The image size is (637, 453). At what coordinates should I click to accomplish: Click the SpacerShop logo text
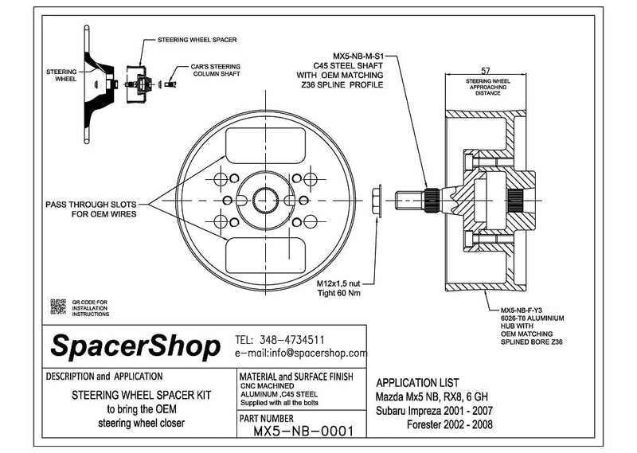click(135, 346)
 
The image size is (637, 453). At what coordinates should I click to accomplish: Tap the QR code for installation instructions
click(57, 307)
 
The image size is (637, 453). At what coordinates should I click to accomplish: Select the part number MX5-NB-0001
click(303, 431)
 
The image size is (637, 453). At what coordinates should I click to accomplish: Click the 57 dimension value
click(486, 71)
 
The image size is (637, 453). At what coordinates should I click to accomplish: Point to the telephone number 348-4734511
click(291, 340)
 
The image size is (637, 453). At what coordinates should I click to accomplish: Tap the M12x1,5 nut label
click(338, 283)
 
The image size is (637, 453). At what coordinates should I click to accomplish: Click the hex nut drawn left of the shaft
click(377, 201)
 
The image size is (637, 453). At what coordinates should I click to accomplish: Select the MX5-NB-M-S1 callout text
click(358, 56)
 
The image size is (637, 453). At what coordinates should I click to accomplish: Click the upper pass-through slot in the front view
click(265, 146)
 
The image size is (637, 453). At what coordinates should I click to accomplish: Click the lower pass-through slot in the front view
click(265, 255)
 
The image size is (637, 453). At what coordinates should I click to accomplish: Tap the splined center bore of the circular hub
click(265, 201)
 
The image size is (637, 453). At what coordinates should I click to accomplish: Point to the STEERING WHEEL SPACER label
click(197, 40)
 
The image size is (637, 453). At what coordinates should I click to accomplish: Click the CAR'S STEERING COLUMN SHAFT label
click(216, 70)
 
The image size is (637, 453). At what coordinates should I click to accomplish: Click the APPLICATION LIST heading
click(417, 383)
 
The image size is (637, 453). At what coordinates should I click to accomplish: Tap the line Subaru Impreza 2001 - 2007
click(434, 411)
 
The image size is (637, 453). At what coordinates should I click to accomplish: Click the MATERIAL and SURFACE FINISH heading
click(296, 377)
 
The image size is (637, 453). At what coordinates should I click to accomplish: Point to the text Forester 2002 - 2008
click(450, 425)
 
